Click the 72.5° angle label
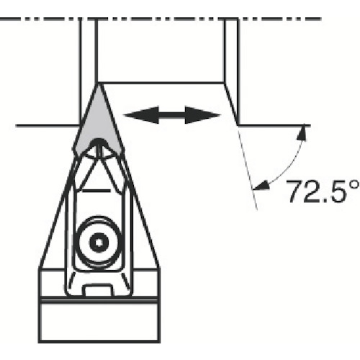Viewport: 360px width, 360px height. coord(323,191)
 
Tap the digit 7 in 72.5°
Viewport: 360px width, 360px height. coord(295,192)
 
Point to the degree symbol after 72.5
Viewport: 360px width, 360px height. coord(354,186)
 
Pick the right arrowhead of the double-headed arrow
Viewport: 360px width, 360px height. coord(202,115)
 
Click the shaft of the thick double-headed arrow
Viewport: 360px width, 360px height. coord(172,115)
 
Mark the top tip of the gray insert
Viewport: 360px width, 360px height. coord(98,84)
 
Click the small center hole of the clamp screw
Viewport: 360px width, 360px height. coord(99,243)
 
